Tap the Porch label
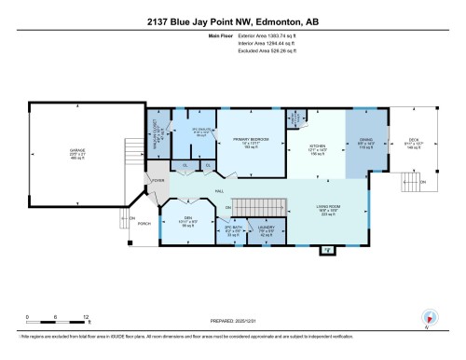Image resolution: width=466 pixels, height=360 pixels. [x=144, y=224]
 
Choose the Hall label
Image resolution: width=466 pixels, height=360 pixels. [x=220, y=191]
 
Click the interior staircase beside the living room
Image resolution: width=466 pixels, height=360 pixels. [x=257, y=206]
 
